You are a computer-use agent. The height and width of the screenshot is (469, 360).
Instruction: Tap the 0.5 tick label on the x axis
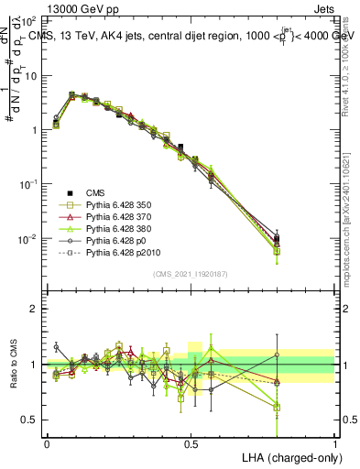191,442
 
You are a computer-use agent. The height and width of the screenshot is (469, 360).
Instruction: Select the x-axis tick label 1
334,442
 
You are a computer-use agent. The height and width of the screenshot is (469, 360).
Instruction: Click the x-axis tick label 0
47,442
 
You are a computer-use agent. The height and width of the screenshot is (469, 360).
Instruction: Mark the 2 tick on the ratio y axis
33,309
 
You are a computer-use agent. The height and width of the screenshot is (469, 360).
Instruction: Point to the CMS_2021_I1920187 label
191,274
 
